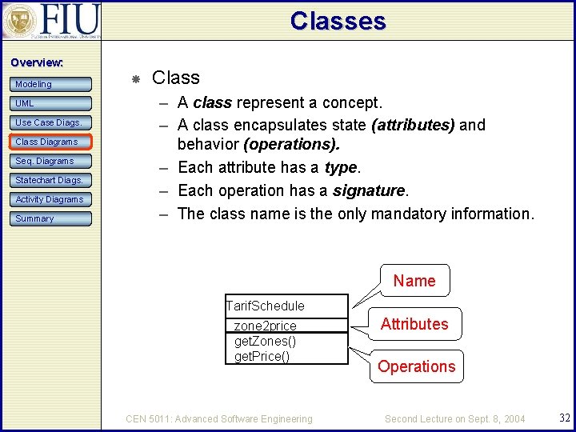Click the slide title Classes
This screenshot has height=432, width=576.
[338, 21]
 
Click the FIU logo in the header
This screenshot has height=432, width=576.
[51, 21]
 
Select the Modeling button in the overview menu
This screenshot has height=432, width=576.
[51, 84]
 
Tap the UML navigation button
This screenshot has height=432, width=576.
[51, 103]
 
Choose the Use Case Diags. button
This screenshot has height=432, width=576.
[51, 122]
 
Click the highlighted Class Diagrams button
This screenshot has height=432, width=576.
[51, 142]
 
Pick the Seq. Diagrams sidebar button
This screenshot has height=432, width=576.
[51, 161]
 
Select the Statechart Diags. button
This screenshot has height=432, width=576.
[51, 180]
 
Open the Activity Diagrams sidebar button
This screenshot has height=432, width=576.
[51, 199]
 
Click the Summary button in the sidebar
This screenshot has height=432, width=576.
[51, 218]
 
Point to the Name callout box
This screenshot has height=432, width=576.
[414, 281]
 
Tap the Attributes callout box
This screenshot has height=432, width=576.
[414, 324]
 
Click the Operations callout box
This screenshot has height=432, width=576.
[416, 366]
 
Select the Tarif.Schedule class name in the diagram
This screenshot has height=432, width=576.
[266, 306]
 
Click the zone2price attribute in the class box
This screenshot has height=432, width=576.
[265, 326]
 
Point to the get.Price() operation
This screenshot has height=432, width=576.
[262, 356]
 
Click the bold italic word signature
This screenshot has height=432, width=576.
[369, 190]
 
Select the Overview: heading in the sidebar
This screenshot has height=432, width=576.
[37, 62]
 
